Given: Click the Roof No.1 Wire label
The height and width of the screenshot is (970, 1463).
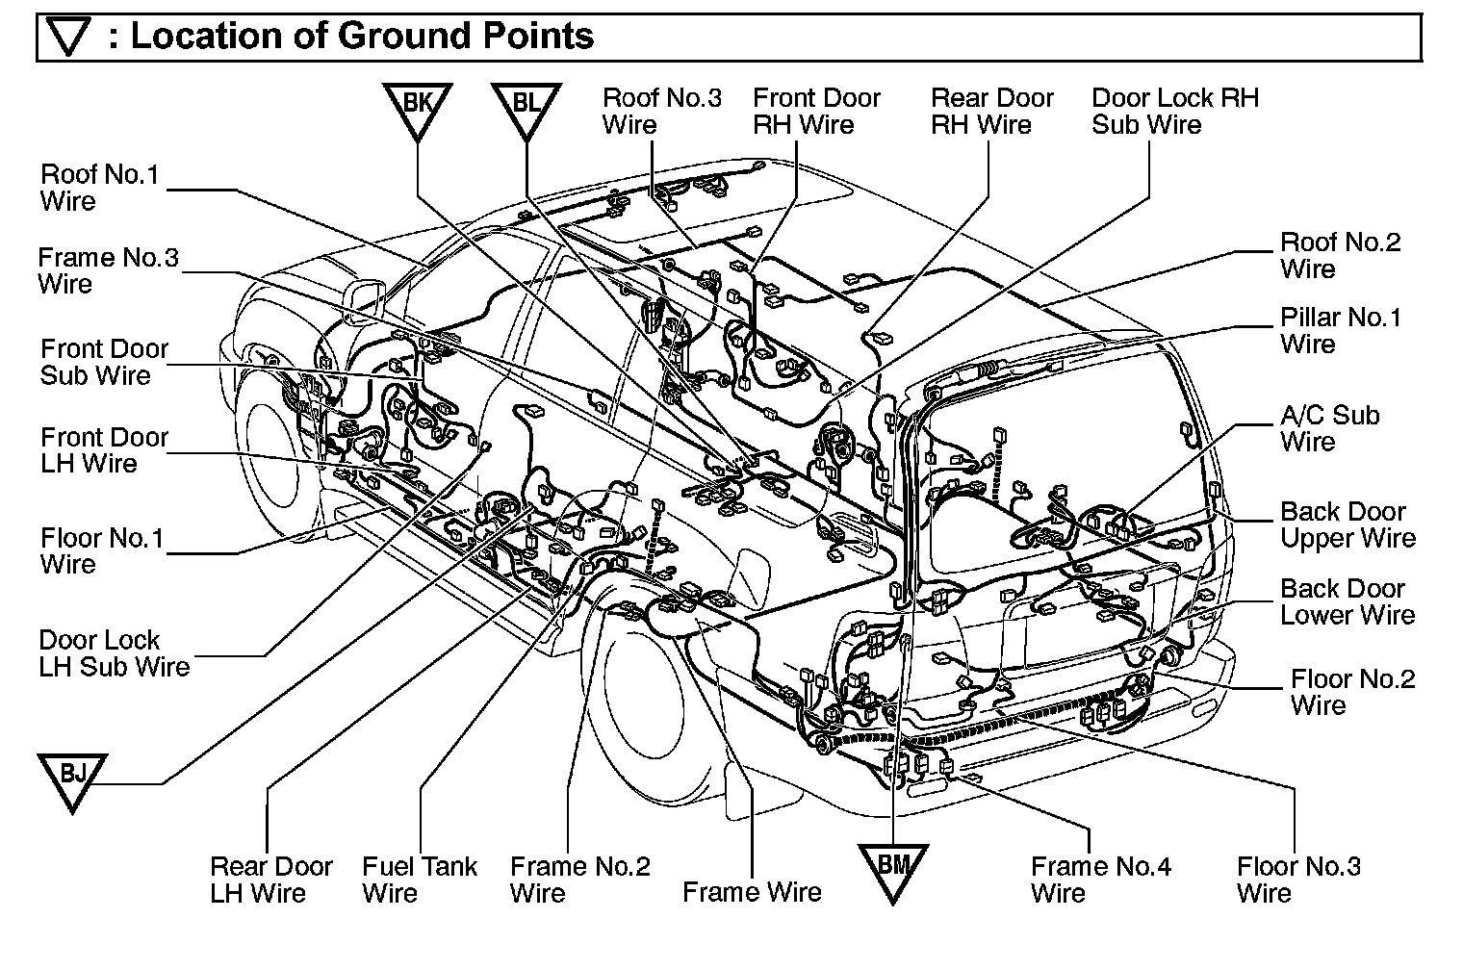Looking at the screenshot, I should coord(99,188).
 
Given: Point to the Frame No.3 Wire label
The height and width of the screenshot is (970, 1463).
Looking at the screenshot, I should coord(108,270).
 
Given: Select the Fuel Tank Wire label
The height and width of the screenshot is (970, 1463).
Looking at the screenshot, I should coord(419,880).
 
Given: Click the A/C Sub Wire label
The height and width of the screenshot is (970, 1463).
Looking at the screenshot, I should coord(1329,428).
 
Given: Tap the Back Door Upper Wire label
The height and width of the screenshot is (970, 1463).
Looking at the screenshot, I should coord(1347,524).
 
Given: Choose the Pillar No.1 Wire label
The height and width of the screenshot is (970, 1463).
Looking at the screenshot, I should coord(1340,331).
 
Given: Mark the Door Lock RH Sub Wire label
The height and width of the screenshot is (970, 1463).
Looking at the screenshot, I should coord(1174,111).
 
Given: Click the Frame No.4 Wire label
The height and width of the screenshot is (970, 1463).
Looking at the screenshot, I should coord(1100,880).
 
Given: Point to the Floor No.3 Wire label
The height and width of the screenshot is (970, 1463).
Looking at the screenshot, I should coord(1298,880).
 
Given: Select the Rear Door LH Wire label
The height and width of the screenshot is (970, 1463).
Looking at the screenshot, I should coord(270,880).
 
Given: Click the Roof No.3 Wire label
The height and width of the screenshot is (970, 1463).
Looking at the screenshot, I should coord(661,111).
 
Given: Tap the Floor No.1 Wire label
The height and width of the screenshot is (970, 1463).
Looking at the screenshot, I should coord(102,550).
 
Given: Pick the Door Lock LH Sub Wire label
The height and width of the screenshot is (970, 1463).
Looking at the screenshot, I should coord(114,653).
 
